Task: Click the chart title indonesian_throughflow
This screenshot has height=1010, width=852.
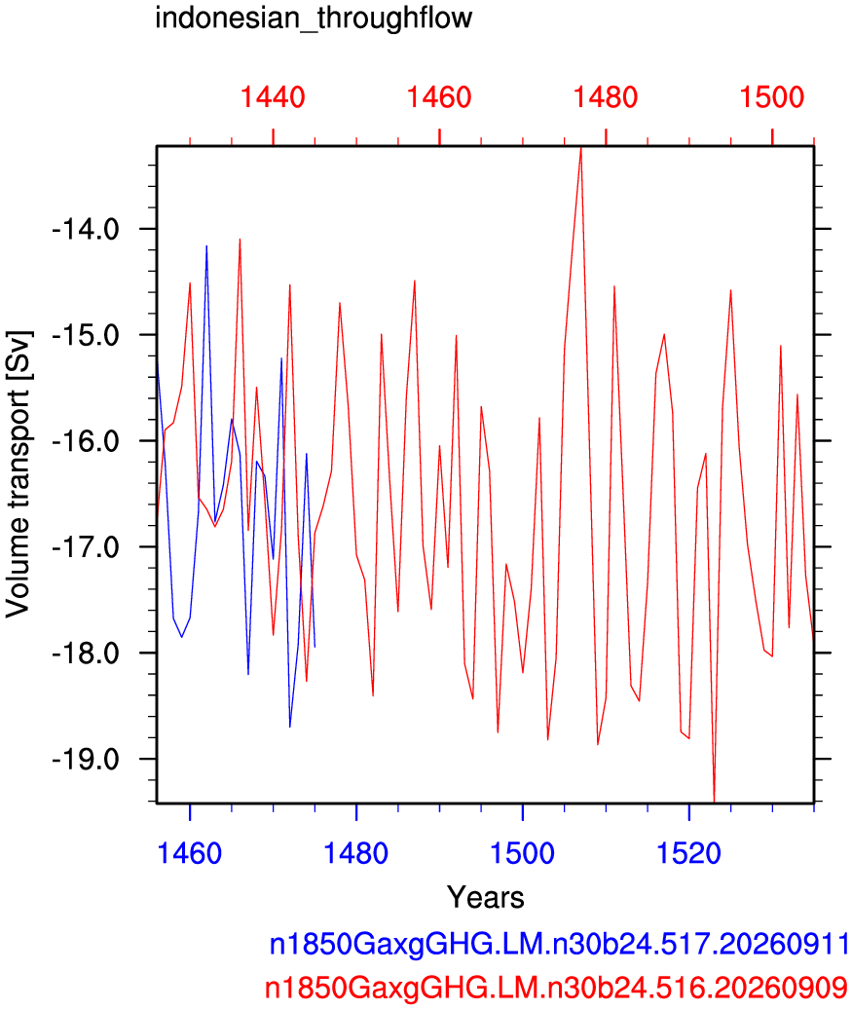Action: (x=314, y=19)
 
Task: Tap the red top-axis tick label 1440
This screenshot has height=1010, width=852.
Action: (x=273, y=97)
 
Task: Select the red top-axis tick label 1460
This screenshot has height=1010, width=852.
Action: (x=439, y=97)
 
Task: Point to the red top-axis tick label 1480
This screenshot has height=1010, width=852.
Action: (x=606, y=97)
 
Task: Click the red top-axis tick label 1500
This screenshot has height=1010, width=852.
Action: (x=771, y=97)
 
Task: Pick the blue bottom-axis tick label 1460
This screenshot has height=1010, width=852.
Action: (x=189, y=853)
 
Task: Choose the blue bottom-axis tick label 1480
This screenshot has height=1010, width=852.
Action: (x=355, y=853)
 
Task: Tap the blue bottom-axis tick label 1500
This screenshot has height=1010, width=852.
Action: (x=522, y=853)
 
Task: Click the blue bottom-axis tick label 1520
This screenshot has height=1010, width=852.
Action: (x=688, y=853)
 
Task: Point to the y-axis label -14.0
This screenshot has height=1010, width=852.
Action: (x=86, y=229)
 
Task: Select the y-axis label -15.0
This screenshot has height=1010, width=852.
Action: (x=86, y=336)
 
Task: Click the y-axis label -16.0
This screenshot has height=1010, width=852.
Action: (x=86, y=442)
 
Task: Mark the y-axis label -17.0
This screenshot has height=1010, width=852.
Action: (x=86, y=547)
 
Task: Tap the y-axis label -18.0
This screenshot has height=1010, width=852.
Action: (x=86, y=654)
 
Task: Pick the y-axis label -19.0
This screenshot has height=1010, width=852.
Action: (x=86, y=760)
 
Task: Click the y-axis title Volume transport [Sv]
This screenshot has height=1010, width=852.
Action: (x=19, y=474)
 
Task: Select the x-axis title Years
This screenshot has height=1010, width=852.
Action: (x=486, y=897)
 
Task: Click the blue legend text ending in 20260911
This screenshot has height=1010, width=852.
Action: (x=559, y=945)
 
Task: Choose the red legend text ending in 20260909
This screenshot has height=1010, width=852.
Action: (x=556, y=988)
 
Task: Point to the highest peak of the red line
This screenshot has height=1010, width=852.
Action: (x=581, y=148)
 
